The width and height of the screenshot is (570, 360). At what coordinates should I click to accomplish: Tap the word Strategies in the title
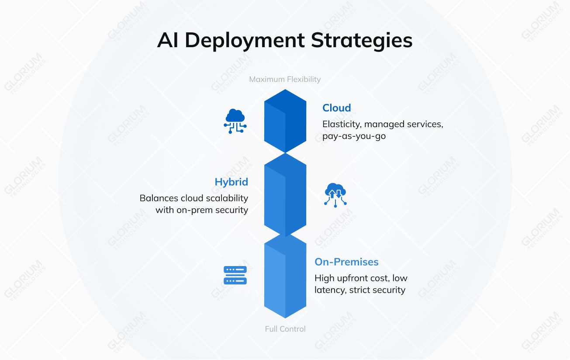click(361, 41)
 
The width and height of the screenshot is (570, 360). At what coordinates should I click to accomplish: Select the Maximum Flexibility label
click(285, 79)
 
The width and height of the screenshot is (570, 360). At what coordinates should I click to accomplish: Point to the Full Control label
click(285, 329)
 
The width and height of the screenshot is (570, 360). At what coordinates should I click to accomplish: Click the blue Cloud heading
click(336, 108)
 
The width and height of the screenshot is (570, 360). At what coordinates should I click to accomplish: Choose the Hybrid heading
click(231, 182)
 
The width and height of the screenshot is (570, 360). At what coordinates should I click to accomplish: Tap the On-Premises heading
click(346, 262)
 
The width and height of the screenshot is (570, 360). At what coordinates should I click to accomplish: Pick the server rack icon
click(235, 275)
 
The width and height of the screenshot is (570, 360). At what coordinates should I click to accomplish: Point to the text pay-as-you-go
click(354, 136)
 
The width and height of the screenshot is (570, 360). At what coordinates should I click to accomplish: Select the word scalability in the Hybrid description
click(227, 198)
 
